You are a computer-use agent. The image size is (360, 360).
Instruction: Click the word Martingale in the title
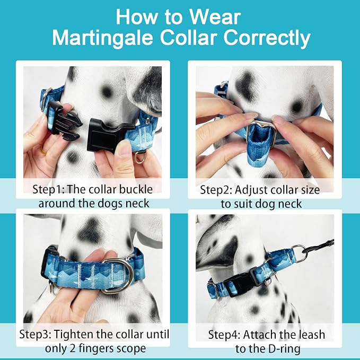pos(102,38)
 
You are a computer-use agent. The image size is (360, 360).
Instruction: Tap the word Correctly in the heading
pos(267,38)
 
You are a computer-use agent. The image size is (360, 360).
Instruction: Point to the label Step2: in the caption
pos(216,190)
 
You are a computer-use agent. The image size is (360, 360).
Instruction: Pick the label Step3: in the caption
pos(36,334)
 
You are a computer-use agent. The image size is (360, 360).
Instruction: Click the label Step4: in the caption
pos(224,335)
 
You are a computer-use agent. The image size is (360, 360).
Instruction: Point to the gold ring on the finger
pos(43,151)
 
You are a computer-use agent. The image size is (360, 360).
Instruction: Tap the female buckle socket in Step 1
pos(109,135)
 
